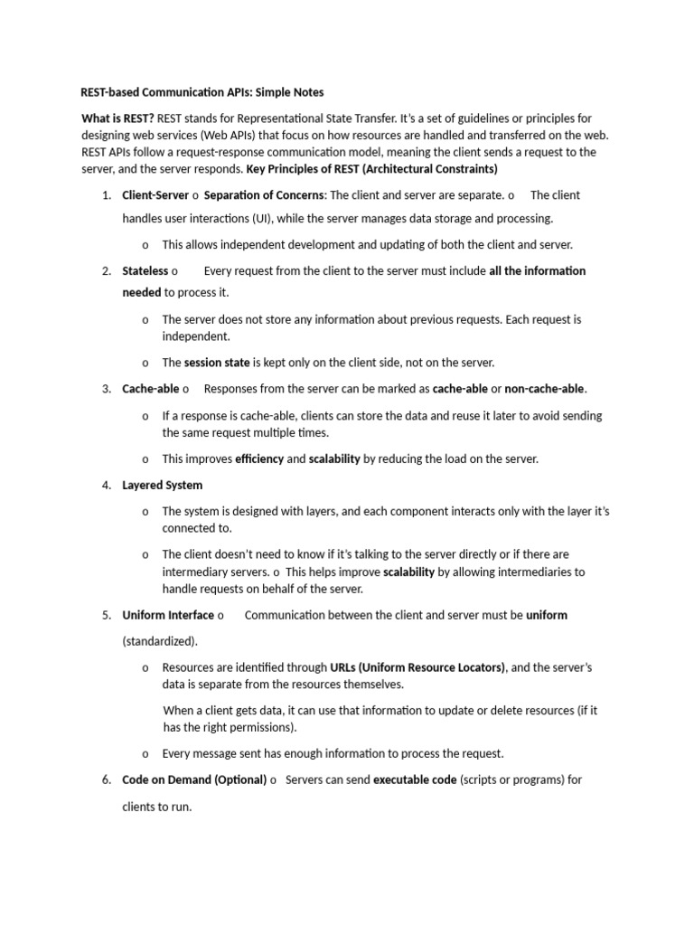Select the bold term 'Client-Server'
click(x=155, y=195)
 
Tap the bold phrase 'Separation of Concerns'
click(x=265, y=195)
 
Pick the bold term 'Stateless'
click(x=145, y=271)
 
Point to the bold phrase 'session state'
click(x=217, y=363)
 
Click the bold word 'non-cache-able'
click(x=545, y=389)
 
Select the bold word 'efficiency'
click(x=258, y=459)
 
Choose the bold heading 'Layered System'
click(x=163, y=486)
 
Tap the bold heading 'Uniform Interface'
click(x=169, y=616)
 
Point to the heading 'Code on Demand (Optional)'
click(x=194, y=780)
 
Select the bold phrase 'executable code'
click(x=414, y=780)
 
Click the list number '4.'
click(x=106, y=486)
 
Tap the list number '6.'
click(x=106, y=780)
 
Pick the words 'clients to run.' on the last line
click(x=157, y=806)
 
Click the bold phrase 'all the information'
click(x=537, y=271)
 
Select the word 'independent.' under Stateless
click(x=196, y=336)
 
